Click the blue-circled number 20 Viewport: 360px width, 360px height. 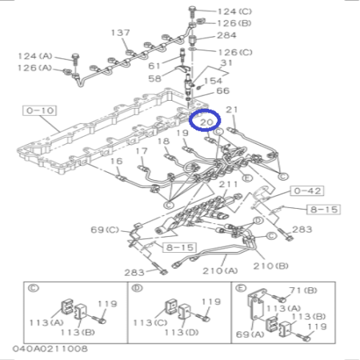point(207,122)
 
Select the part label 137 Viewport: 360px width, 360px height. point(120,33)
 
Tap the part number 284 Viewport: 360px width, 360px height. point(227,35)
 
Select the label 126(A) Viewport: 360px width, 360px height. point(34,68)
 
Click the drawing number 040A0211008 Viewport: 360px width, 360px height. point(50,350)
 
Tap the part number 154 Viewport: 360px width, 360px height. point(214,81)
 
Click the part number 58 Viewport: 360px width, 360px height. point(155,78)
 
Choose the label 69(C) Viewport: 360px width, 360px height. point(104,230)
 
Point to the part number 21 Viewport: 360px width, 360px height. point(232,110)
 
